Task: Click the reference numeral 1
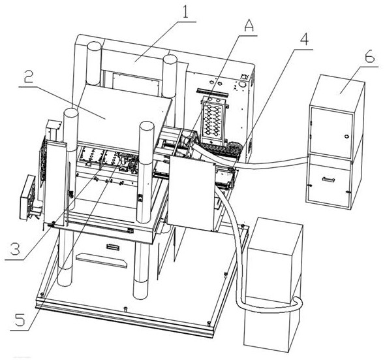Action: (x=185, y=11)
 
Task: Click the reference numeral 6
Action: (x=370, y=57)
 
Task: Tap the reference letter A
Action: (x=249, y=25)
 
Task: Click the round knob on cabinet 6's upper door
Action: (x=346, y=137)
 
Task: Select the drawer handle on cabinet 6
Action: (x=328, y=180)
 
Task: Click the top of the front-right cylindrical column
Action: (x=147, y=126)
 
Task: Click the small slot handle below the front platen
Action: (x=113, y=246)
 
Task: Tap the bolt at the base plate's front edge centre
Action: (x=125, y=308)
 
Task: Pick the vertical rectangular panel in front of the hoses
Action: (x=192, y=193)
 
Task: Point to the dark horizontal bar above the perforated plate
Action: (x=212, y=91)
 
